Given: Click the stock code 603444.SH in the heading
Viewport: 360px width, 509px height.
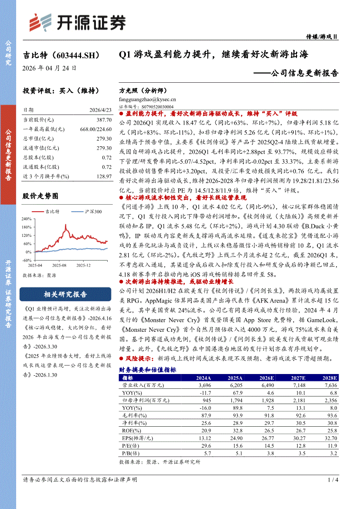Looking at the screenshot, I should click(x=76, y=56).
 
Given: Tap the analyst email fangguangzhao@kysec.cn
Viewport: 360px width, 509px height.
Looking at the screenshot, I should click(x=147, y=99).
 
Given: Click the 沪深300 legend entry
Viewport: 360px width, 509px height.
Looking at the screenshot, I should click(x=88, y=211).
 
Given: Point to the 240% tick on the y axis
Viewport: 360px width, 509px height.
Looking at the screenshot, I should click(x=26, y=219).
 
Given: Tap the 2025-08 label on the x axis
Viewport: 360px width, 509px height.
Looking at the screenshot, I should click(x=58, y=265).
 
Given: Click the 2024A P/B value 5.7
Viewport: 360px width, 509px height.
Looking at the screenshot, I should click(x=207, y=453).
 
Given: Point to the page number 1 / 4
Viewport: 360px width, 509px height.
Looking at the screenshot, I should click(x=333, y=479).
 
